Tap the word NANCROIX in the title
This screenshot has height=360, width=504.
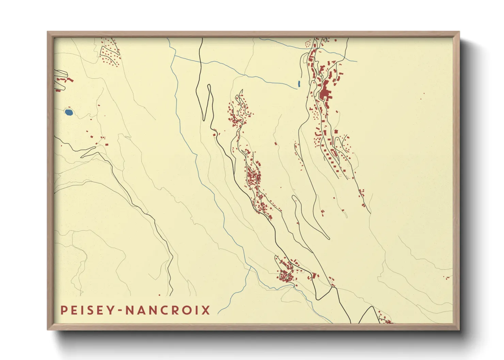(x=168, y=310)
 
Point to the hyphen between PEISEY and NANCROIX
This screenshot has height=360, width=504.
(x=122, y=311)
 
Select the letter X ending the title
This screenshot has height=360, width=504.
(x=206, y=310)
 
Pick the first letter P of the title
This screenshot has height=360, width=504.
(x=64, y=310)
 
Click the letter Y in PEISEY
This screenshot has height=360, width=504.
(x=114, y=310)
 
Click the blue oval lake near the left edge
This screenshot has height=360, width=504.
(x=68, y=112)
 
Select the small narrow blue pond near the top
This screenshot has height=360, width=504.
(x=299, y=83)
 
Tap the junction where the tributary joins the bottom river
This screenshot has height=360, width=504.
(x=251, y=267)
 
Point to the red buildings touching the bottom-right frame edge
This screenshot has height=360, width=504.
(x=387, y=320)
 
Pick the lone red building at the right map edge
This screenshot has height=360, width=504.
(x=447, y=278)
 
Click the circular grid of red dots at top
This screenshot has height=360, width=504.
(x=308, y=44)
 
